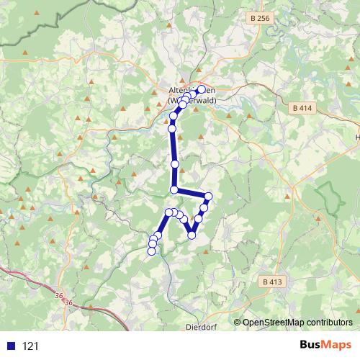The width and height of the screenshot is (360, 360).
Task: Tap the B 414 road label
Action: [x=303, y=107]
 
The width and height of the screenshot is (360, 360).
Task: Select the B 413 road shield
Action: [x=270, y=282]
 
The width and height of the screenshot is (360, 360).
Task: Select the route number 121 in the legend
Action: [x=30, y=346]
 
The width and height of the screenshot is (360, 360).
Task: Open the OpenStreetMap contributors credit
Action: [x=297, y=322]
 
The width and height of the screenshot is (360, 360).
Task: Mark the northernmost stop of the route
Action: [x=202, y=89]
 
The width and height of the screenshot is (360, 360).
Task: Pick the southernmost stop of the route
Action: [x=152, y=251]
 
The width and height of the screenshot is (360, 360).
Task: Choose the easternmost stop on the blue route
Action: [x=209, y=197]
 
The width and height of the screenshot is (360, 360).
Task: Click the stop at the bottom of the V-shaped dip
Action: [x=192, y=235]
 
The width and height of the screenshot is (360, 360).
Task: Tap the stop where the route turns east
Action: [x=174, y=189]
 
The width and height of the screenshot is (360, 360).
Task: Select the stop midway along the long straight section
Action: [x=174, y=164]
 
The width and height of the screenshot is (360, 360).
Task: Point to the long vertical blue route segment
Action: [x=174, y=151]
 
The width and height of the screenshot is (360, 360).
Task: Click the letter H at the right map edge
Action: [x=358, y=136]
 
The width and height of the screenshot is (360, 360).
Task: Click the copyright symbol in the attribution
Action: [x=237, y=322]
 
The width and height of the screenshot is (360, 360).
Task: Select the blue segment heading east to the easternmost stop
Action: [x=191, y=193]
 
